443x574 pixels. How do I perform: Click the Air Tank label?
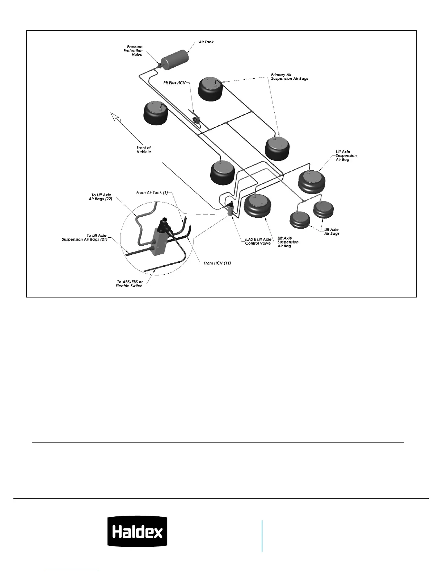point(206,42)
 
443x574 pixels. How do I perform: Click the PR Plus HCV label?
point(174,83)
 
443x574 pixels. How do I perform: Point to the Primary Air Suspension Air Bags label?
point(290,77)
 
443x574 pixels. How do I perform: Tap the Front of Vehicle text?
point(144,150)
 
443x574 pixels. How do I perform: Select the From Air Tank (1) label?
point(152,192)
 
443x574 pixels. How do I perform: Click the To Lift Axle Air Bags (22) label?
point(101,197)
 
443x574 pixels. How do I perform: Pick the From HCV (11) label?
point(217,263)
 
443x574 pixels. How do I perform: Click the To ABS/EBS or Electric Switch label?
point(129,284)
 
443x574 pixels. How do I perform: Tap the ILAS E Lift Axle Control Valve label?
point(258,241)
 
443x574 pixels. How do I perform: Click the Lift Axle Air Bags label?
point(332,232)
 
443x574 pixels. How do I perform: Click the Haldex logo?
point(137,531)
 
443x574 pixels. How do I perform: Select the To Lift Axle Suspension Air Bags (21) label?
point(85,237)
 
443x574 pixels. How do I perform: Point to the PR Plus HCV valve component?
point(197,120)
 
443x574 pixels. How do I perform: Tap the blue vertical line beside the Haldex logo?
point(262,536)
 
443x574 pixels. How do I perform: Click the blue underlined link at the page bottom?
point(72,571)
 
